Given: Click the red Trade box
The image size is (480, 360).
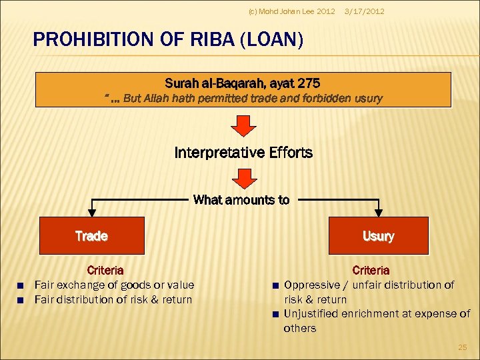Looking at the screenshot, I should (92, 236).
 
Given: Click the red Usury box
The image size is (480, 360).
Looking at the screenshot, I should (378, 236).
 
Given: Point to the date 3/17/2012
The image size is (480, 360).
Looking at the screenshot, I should (365, 11).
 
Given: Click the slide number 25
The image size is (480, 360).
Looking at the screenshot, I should (463, 347).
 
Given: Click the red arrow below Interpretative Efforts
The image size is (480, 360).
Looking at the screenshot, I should (243, 177).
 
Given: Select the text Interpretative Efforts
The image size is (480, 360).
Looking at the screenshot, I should (243, 153).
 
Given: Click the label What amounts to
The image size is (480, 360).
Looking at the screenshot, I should (241, 199).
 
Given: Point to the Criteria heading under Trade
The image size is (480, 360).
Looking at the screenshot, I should (105, 270).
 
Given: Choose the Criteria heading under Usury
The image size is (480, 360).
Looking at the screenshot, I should (371, 270).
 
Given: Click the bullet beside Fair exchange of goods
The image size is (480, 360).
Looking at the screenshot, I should (21, 285).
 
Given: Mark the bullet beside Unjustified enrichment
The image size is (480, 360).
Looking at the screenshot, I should (274, 314).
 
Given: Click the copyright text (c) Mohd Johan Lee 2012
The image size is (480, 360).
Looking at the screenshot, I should (291, 11).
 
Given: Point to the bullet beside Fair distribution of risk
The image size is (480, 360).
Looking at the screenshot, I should (21, 300).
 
